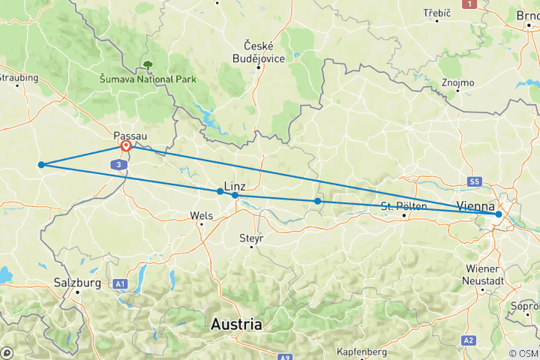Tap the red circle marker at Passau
point(127,147)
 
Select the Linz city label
point(235,184)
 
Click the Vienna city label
point(475,205)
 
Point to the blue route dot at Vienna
point(498,214)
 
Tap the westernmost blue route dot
point(41,164)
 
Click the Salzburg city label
point(77,283)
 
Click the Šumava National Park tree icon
point(148,65)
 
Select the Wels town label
point(202,215)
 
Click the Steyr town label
point(249,238)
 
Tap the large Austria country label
point(236,325)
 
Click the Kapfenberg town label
point(361,352)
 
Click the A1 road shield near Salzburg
point(120,283)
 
